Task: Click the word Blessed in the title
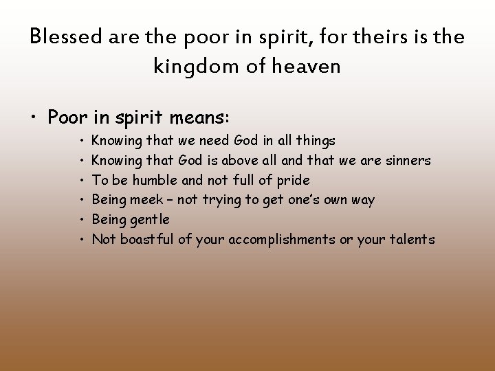(66, 37)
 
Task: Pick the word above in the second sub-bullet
(237, 161)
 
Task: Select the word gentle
(150, 221)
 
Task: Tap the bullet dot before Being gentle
(81, 221)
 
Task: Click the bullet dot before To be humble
(81, 181)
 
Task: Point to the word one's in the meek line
(302, 201)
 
